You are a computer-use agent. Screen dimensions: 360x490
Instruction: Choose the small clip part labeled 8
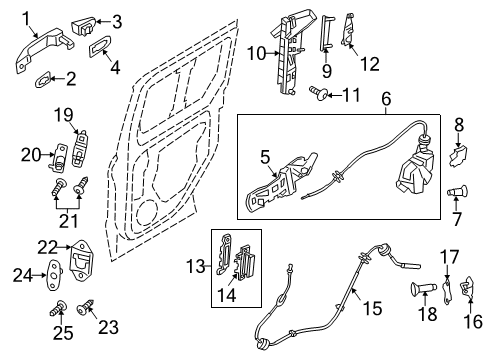tap(460, 157)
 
